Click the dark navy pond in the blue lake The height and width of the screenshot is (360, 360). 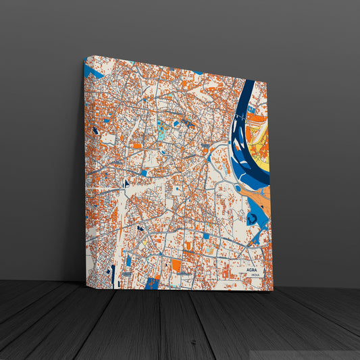point(252,219)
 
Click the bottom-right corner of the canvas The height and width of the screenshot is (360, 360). point(273,290)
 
